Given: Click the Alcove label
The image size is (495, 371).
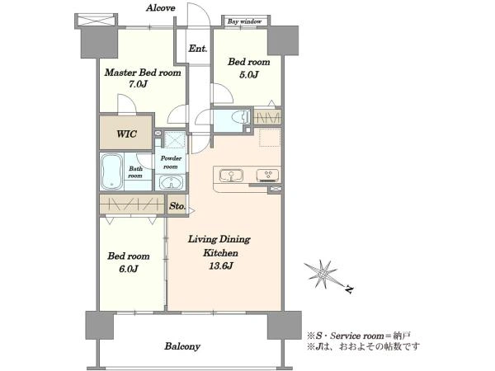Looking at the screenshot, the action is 160,8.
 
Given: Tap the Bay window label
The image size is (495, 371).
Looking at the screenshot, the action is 245,21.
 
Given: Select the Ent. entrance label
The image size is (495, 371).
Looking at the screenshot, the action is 198,49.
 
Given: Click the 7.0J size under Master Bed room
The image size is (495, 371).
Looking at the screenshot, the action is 138,84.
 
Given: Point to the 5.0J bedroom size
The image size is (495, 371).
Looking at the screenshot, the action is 249,75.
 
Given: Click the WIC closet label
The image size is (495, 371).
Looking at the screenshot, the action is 126,134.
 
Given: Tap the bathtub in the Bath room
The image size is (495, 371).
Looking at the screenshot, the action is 111,172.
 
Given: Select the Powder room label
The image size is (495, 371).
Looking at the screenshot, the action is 171,162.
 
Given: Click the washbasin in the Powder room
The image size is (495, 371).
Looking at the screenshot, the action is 171,182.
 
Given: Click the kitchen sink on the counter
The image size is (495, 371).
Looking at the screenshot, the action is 231,176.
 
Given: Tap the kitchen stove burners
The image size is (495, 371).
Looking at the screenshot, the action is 267,176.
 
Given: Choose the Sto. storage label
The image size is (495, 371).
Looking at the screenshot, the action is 177,206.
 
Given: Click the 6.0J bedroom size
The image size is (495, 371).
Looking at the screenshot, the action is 128,269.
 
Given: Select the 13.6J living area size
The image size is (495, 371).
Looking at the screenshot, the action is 221,266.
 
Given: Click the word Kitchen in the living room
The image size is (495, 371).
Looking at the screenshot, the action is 220,253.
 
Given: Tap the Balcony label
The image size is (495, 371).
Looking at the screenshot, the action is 182,346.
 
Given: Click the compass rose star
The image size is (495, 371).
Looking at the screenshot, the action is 322,273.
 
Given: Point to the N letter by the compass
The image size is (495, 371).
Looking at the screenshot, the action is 349,289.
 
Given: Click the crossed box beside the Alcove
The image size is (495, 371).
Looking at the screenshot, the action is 96,21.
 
